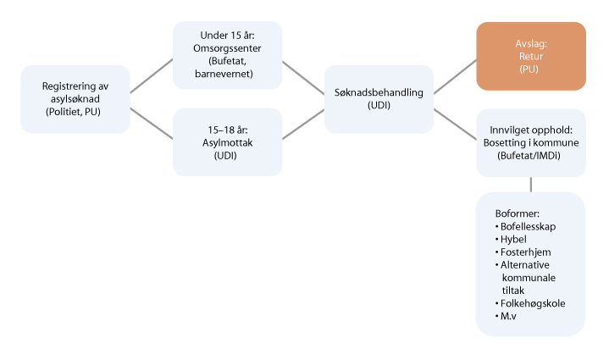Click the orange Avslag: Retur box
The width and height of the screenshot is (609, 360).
pyautogui.click(x=530, y=56)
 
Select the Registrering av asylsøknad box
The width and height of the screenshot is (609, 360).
pyautogui.click(x=75, y=98)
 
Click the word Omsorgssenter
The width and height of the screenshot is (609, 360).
pyautogui.click(x=227, y=47)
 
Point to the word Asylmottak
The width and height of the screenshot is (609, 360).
pyautogui.click(x=227, y=143)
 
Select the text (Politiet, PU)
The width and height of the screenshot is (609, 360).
pyautogui.click(x=75, y=113)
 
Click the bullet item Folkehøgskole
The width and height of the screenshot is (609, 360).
pyautogui.click(x=533, y=303)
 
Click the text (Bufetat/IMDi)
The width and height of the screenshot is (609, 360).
pyautogui.click(x=530, y=157)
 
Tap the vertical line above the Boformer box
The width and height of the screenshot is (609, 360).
pyautogui.click(x=530, y=184)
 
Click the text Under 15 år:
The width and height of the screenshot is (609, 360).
pyautogui.click(x=227, y=35)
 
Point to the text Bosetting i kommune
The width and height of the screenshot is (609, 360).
pyautogui.click(x=530, y=143)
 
